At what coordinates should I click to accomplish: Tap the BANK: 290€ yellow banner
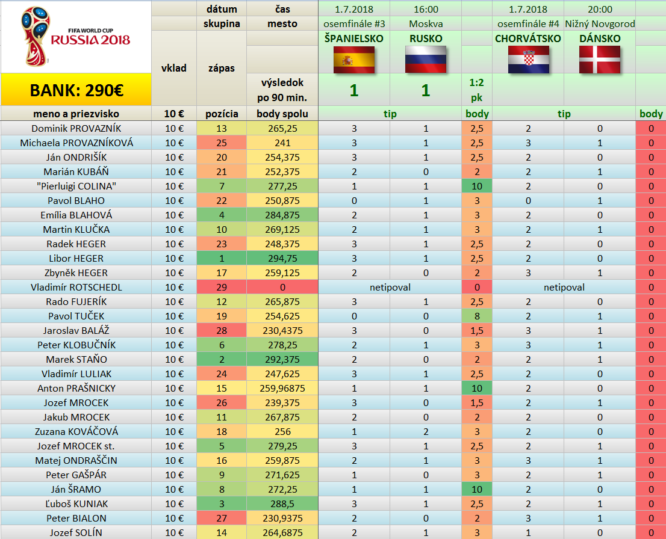point(76,90)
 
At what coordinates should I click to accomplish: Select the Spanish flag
point(354,60)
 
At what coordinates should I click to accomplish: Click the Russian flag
point(425,60)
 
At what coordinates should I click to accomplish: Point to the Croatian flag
point(528,60)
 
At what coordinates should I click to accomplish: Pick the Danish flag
point(600,60)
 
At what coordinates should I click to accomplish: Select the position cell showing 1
point(221,258)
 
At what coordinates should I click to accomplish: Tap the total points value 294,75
point(282,258)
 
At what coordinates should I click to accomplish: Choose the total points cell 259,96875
point(282,388)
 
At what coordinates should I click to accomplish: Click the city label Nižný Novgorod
point(600,24)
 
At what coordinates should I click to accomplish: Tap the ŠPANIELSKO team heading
point(354,38)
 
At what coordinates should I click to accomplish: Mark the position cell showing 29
point(221,287)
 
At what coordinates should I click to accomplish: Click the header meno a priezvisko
point(76,114)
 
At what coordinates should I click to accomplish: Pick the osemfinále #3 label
point(355,24)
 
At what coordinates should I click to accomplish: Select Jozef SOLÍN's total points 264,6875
point(282,532)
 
